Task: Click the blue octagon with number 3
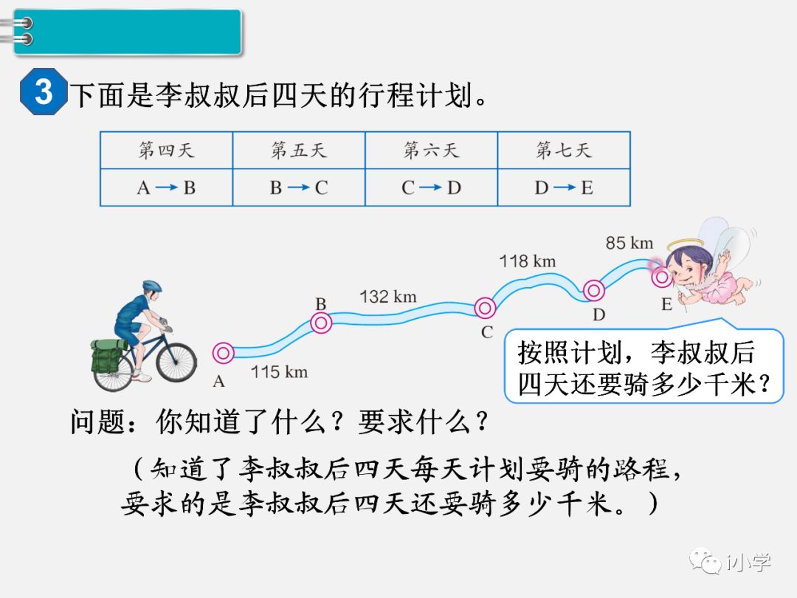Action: point(44,92)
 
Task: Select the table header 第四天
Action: point(166,151)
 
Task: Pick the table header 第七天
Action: point(563,151)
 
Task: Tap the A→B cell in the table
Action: point(166,188)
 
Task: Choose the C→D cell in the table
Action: point(431,188)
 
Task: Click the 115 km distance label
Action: point(279,371)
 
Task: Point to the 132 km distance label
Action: point(388,297)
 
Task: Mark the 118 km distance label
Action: point(527,261)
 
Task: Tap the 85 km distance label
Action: point(629,242)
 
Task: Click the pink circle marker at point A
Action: point(223,354)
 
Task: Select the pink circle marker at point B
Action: point(321,323)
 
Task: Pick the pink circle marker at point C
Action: point(485,308)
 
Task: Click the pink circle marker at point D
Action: point(594,290)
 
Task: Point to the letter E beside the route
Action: point(666,304)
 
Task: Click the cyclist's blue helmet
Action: point(152,286)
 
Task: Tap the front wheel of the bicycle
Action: point(176,362)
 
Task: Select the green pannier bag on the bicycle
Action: point(109,356)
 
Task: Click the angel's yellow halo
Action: point(686,244)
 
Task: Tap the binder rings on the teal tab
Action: point(24,31)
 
